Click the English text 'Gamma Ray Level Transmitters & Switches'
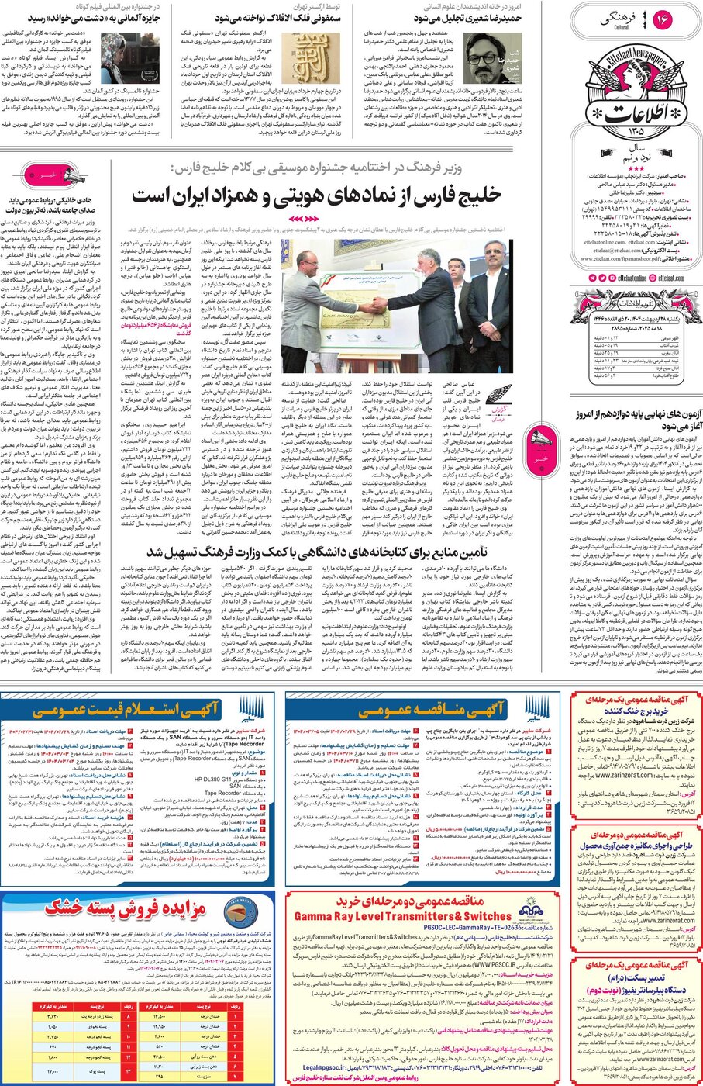[401, 916]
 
